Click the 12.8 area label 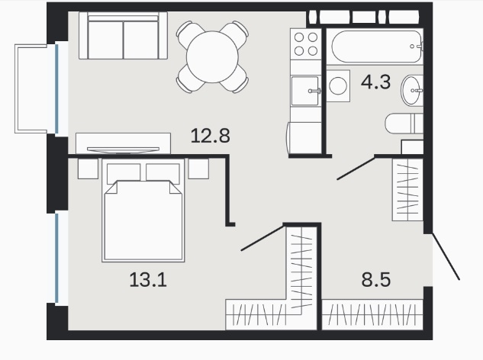(211, 136)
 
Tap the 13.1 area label (148, 280)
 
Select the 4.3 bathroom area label (376, 82)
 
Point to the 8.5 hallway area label (376, 280)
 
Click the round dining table (212, 56)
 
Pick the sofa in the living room (123, 35)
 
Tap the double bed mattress (143, 220)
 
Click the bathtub (376, 47)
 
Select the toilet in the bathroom (404, 124)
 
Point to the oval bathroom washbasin (411, 91)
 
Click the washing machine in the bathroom (338, 85)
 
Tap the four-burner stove (306, 44)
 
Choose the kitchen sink (305, 91)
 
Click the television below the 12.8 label (123, 150)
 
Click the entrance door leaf (446, 256)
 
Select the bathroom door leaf (356, 168)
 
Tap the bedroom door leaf (262, 238)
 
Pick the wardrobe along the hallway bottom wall (372, 314)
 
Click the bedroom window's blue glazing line (56, 258)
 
